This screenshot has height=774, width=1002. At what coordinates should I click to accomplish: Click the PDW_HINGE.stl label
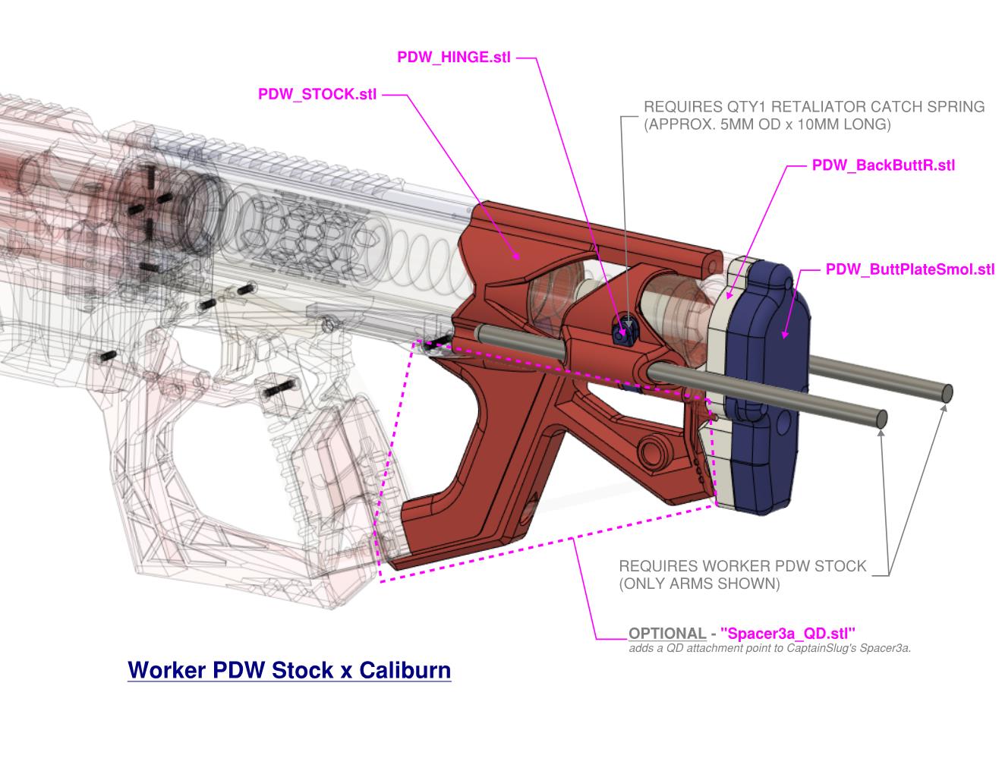[x=454, y=58]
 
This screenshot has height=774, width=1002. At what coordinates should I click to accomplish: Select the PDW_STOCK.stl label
[x=317, y=95]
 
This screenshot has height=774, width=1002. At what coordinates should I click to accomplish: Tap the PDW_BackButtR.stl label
[x=883, y=165]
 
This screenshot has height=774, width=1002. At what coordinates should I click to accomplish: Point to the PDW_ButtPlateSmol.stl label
[x=910, y=269]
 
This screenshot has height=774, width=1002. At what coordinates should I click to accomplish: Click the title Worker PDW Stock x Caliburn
[x=289, y=670]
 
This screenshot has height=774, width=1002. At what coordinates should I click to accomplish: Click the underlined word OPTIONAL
[x=667, y=634]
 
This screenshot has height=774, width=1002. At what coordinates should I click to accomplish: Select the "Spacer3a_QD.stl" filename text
[x=788, y=634]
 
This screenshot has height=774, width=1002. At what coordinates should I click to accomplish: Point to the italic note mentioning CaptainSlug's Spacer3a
[x=770, y=649]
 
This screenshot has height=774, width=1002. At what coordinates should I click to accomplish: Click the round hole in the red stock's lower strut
[x=651, y=449]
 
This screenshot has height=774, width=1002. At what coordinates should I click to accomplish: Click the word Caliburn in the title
[x=405, y=670]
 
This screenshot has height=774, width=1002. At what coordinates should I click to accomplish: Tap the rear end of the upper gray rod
[x=946, y=393]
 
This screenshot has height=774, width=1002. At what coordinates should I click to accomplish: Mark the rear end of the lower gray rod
[x=881, y=419]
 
